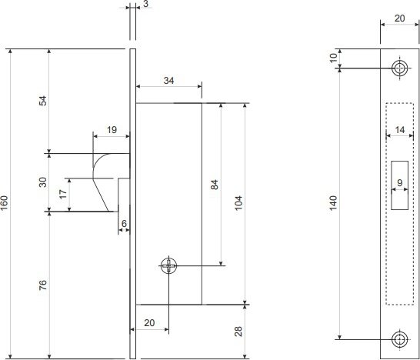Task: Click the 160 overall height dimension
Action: coord(5,203)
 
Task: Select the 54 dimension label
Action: coord(43,101)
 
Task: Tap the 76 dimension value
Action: coord(43,285)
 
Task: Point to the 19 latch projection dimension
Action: coord(112,130)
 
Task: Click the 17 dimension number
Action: coord(63,194)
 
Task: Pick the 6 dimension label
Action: coord(124,223)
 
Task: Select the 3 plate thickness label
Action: coord(145,4)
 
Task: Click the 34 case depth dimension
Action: coord(168,80)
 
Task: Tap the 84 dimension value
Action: coord(215,185)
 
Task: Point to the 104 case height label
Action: coord(238,203)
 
